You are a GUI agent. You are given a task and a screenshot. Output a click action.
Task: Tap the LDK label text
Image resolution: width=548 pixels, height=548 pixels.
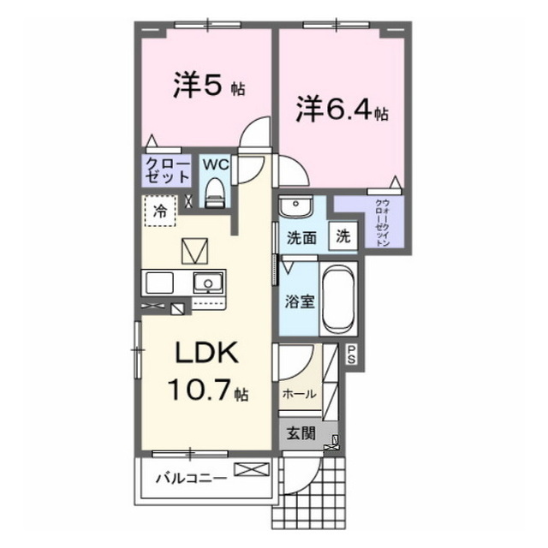point(199,354)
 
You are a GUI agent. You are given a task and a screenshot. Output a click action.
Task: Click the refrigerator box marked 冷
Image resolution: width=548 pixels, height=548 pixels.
point(159,210)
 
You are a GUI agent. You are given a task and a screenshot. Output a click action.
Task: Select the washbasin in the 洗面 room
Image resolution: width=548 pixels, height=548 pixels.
point(295,208)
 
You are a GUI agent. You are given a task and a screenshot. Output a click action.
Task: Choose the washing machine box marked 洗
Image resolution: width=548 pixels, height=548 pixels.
point(343,236)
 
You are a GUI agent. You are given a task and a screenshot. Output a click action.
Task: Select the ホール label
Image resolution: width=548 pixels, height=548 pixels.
point(299,394)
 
